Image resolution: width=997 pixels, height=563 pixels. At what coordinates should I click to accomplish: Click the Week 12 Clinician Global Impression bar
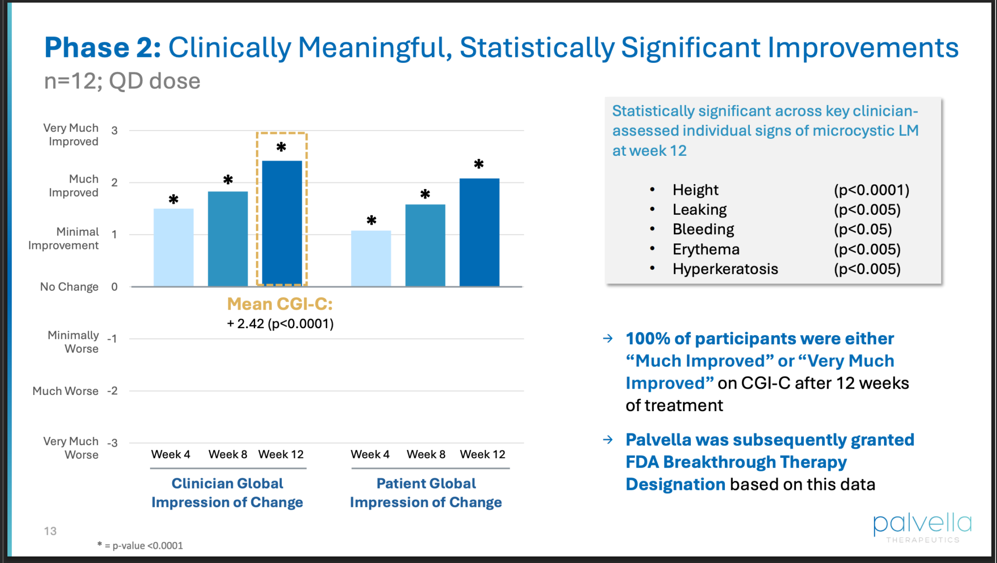282,223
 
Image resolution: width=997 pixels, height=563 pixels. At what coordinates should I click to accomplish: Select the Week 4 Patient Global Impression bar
371,258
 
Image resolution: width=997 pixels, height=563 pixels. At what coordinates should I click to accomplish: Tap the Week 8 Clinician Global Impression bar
228,239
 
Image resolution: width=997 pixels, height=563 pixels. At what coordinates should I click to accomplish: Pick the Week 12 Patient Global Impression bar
480,232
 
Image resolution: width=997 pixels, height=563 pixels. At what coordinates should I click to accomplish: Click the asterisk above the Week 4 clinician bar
174,199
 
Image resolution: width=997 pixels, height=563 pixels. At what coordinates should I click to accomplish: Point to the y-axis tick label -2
112,391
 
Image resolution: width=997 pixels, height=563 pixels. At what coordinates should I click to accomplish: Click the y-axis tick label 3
114,131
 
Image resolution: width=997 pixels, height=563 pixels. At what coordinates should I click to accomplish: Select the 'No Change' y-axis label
69,287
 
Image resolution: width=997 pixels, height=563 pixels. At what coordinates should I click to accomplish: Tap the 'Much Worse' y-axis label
65,391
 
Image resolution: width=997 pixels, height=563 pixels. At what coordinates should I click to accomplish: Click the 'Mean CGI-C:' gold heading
280,304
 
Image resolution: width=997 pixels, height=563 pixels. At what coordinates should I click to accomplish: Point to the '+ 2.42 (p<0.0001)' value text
280,324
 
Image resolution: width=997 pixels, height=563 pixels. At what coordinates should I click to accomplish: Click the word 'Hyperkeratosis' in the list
725,269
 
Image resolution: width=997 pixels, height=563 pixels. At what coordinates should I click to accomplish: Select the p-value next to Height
871,190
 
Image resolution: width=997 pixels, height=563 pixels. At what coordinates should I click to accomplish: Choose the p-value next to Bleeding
863,229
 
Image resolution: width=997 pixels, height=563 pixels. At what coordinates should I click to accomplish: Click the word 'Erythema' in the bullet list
706,249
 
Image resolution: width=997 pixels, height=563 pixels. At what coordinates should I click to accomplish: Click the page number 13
50,531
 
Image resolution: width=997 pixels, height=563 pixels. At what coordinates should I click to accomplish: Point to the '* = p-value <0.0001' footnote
140,545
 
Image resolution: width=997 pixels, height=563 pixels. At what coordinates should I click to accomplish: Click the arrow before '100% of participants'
608,338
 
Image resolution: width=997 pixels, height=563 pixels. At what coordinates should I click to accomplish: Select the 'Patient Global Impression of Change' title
426,493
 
